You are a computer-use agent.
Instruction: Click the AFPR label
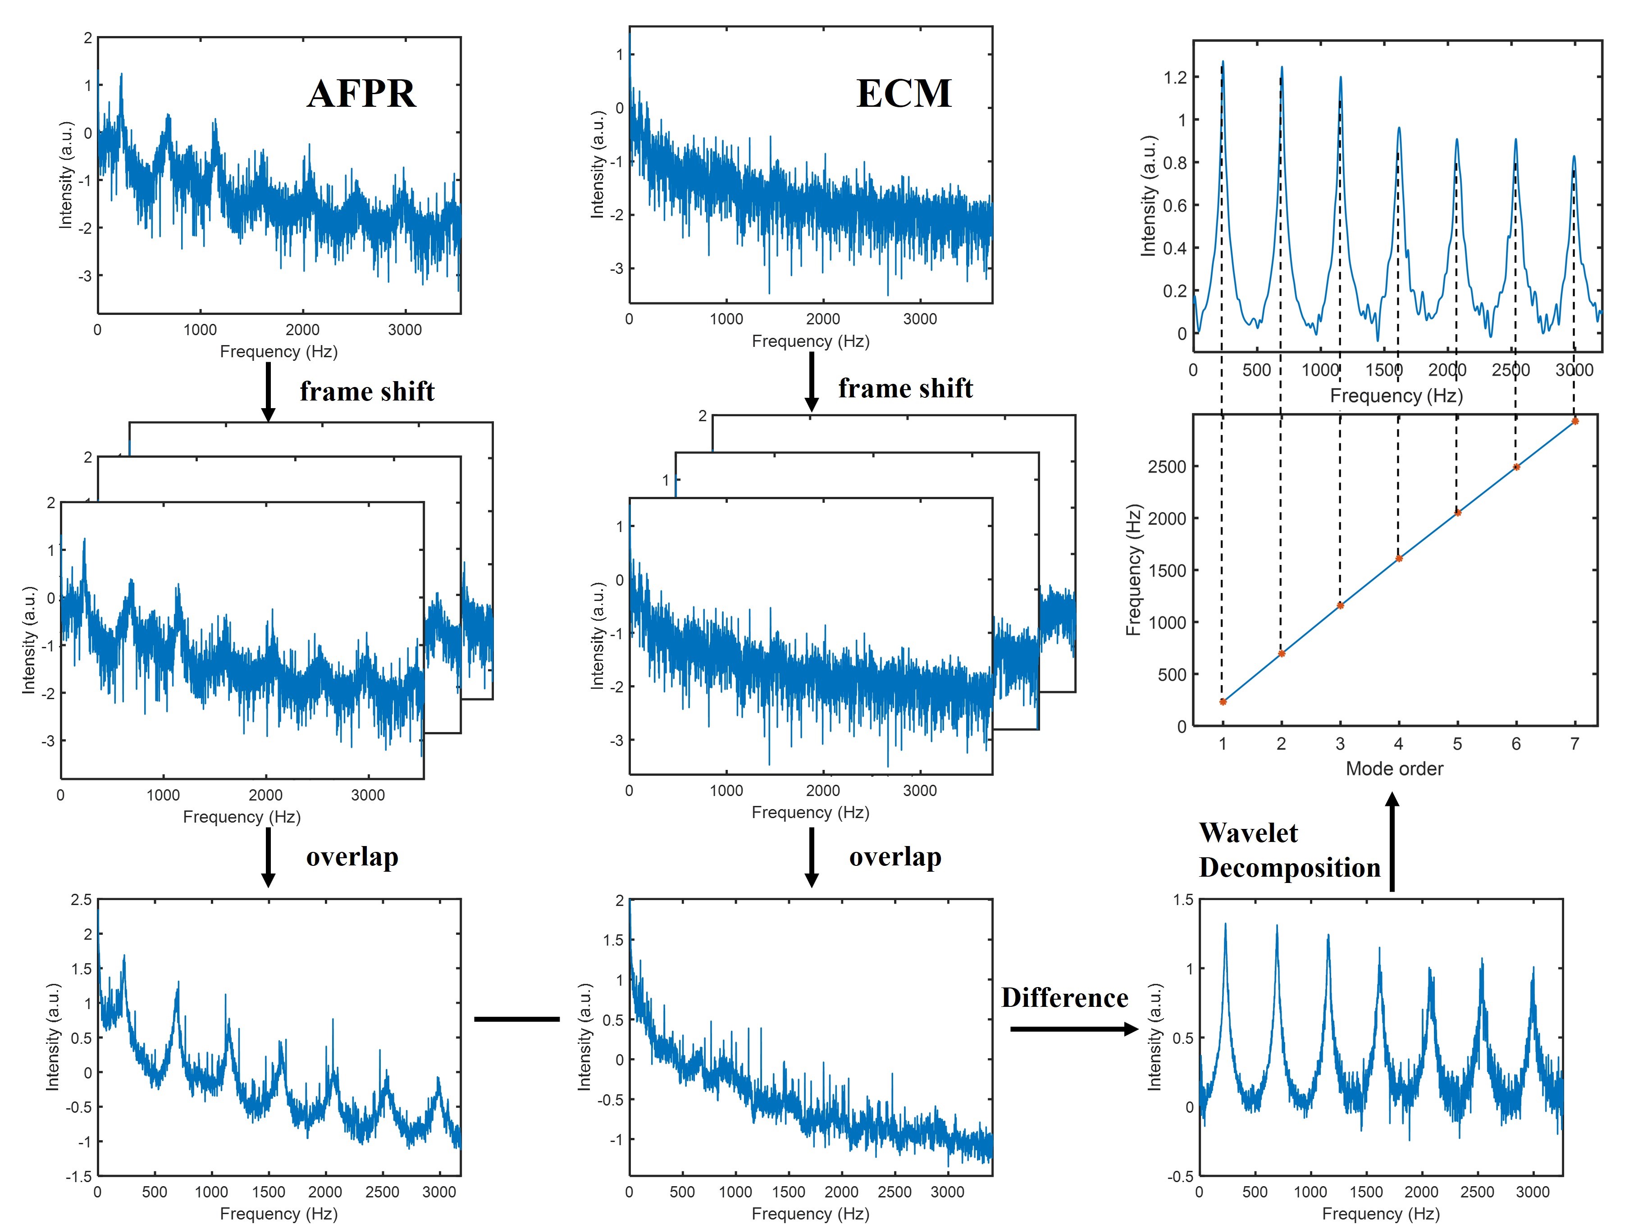pos(362,94)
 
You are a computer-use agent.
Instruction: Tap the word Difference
pos(1064,998)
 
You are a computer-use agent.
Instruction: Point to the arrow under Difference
pos(1074,1029)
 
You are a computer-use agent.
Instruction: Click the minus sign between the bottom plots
pos(516,1019)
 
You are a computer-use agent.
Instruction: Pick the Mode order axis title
pos(1394,769)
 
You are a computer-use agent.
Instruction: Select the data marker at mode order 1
pos(1223,702)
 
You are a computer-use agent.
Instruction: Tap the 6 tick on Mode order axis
pos(1515,744)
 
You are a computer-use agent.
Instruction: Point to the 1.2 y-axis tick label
pos(1175,77)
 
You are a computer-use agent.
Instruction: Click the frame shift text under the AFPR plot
pos(367,391)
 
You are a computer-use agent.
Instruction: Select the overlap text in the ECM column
pos(895,857)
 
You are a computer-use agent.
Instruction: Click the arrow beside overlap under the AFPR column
pos(268,857)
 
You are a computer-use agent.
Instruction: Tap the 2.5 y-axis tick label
pos(82,900)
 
